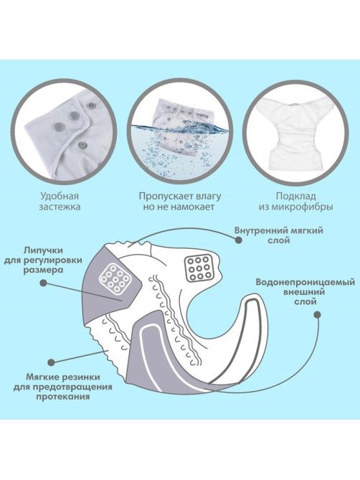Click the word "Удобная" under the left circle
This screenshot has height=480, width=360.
tap(60, 196)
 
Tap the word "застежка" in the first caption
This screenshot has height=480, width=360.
tap(60, 207)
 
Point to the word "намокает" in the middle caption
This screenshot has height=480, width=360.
tap(193, 207)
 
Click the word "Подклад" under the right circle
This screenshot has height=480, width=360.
tap(295, 196)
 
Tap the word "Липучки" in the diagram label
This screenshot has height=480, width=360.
tap(43, 250)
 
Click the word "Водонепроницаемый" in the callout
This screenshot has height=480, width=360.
tap(305, 282)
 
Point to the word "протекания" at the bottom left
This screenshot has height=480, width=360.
tap(63, 397)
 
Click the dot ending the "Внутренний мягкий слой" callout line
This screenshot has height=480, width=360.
tap(239, 240)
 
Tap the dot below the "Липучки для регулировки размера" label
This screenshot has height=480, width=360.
tap(44, 283)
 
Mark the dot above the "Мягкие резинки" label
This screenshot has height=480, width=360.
tap(52, 362)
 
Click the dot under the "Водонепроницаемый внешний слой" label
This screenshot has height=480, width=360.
tap(318, 314)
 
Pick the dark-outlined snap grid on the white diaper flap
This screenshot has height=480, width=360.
tap(199, 268)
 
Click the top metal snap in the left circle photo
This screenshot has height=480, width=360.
tap(90, 105)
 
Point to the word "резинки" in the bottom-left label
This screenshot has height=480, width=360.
tap(82, 377)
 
